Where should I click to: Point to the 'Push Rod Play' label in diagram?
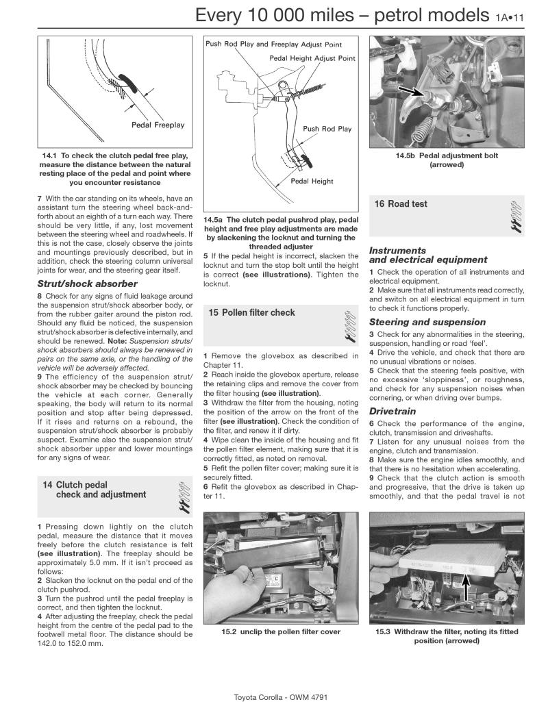click(327, 129)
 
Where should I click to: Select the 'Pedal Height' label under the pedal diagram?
click(312, 181)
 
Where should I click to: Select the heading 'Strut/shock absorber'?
click(87, 284)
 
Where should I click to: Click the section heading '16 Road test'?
click(401, 204)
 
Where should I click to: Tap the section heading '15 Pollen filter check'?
click(252, 313)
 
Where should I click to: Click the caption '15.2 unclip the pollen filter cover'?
click(281, 631)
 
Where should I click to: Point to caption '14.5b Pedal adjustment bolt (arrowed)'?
click(447, 160)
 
